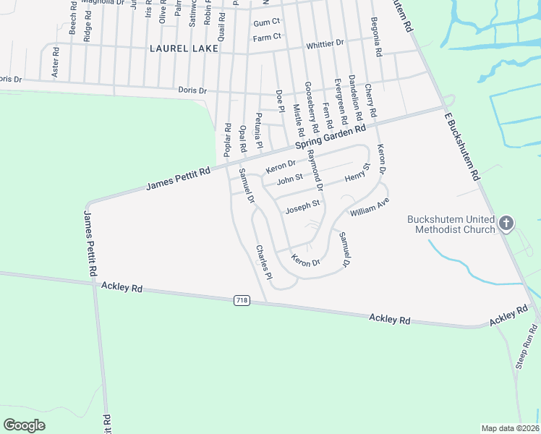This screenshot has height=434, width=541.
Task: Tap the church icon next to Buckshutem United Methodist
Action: pos(506,224)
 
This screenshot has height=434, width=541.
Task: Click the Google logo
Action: pos(25,425)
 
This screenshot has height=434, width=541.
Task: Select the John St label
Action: pos(289,176)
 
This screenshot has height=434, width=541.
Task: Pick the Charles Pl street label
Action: pos(263,262)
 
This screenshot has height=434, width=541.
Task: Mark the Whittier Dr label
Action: pos(325,43)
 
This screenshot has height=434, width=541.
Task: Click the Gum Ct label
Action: pos(266,23)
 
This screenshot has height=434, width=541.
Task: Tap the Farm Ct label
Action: pos(266,37)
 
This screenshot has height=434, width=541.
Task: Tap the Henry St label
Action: pos(357,173)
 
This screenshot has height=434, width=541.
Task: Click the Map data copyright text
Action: pos(510,428)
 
